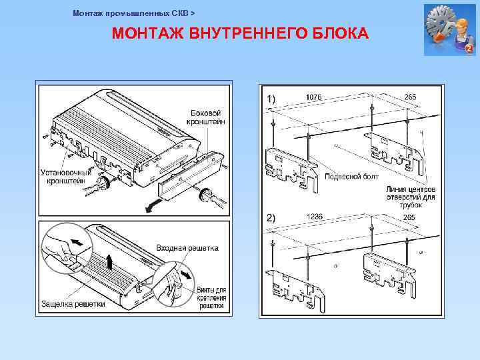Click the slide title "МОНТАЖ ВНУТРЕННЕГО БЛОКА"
pos(240,33)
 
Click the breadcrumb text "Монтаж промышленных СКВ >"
pos(133,13)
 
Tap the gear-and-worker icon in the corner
pos(449,30)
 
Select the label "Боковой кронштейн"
pos(207,117)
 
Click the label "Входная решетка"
pos(187,248)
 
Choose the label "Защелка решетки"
pos(73,304)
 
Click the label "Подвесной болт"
pos(351,177)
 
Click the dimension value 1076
pos(313,97)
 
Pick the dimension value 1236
pos(315,216)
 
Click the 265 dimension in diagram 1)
pos(410,97)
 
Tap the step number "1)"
pos(271,99)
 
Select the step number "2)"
pos(271,218)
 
